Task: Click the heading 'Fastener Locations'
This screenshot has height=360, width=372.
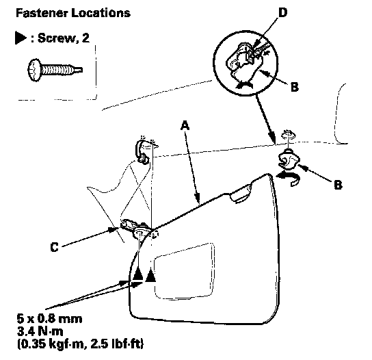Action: [x=73, y=13]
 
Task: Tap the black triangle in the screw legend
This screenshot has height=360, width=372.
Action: [x=21, y=38]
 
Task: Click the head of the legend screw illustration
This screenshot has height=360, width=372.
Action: [x=34, y=70]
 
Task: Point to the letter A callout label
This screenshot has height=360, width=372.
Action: [x=185, y=125]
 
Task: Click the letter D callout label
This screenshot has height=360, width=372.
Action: [x=282, y=12]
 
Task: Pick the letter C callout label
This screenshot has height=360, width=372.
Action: [x=54, y=247]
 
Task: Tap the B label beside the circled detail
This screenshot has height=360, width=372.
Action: [x=295, y=87]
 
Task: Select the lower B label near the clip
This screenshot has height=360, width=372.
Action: [x=338, y=184]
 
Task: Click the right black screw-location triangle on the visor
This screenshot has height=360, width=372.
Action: [x=150, y=275]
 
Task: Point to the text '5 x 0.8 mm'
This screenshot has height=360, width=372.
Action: [x=50, y=319]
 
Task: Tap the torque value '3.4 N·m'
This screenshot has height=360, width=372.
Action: [x=40, y=331]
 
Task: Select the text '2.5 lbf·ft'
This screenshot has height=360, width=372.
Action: [x=114, y=344]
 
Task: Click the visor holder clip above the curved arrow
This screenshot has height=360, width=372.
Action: [x=288, y=159]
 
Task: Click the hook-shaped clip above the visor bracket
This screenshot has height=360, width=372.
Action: [x=142, y=152]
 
